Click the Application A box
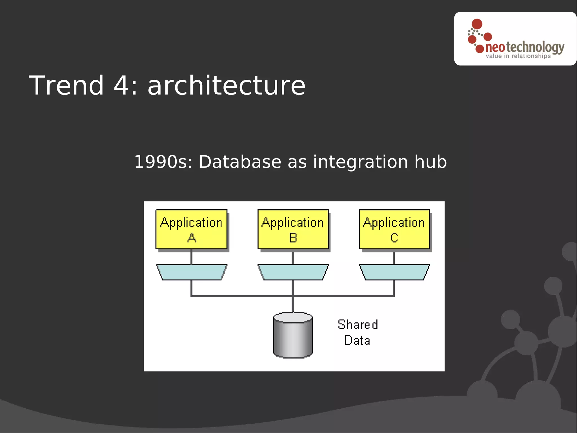191,229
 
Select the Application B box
293,229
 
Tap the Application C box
394,229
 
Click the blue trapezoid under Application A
192,272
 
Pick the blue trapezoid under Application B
293,272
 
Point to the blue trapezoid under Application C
394,272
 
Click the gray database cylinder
293,336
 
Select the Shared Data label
358,333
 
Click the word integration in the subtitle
360,162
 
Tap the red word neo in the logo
495,47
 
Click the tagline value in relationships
518,56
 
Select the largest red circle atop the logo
477,24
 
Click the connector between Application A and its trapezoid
192,257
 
